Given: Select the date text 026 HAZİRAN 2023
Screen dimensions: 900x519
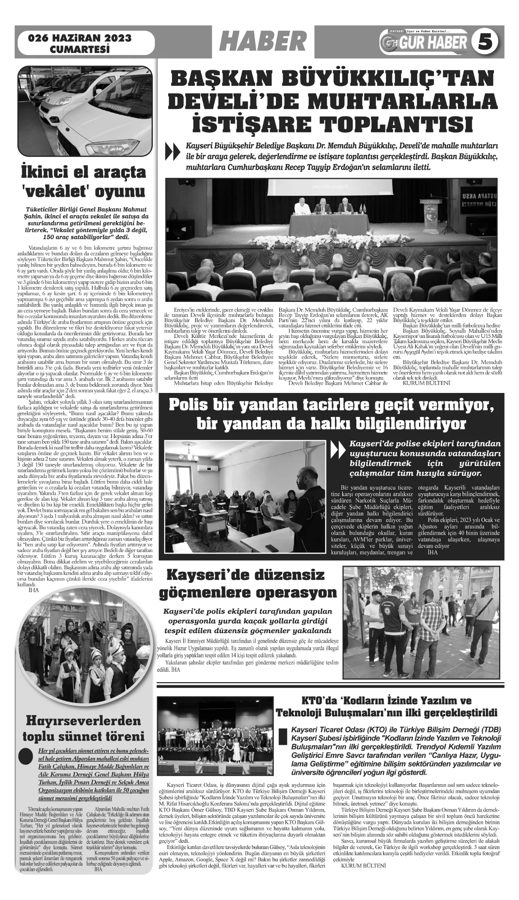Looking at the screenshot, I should pyautogui.click(x=80, y=38).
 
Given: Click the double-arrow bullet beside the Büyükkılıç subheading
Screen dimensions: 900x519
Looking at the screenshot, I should pyautogui.click(x=171, y=152).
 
